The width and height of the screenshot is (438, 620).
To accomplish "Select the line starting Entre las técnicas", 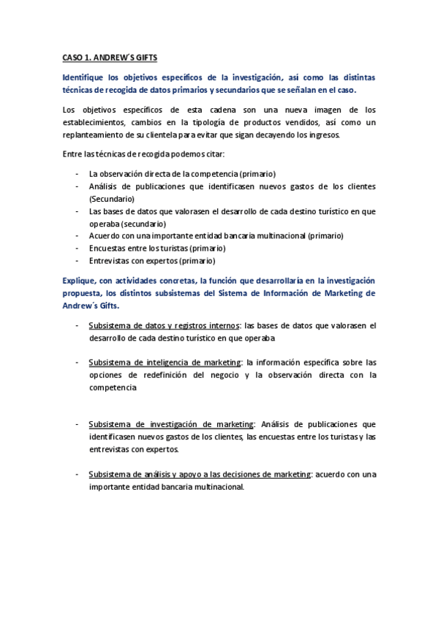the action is coord(142,154).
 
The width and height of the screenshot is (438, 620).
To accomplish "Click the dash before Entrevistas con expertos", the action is coord(78,260).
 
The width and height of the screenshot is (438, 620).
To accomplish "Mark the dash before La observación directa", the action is coord(78,174).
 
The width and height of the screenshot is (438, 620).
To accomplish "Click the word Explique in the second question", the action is coord(80,280).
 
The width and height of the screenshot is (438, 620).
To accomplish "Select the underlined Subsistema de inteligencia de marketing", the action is coord(165,363).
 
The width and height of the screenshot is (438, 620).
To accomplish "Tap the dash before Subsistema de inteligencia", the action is coord(78,363).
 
